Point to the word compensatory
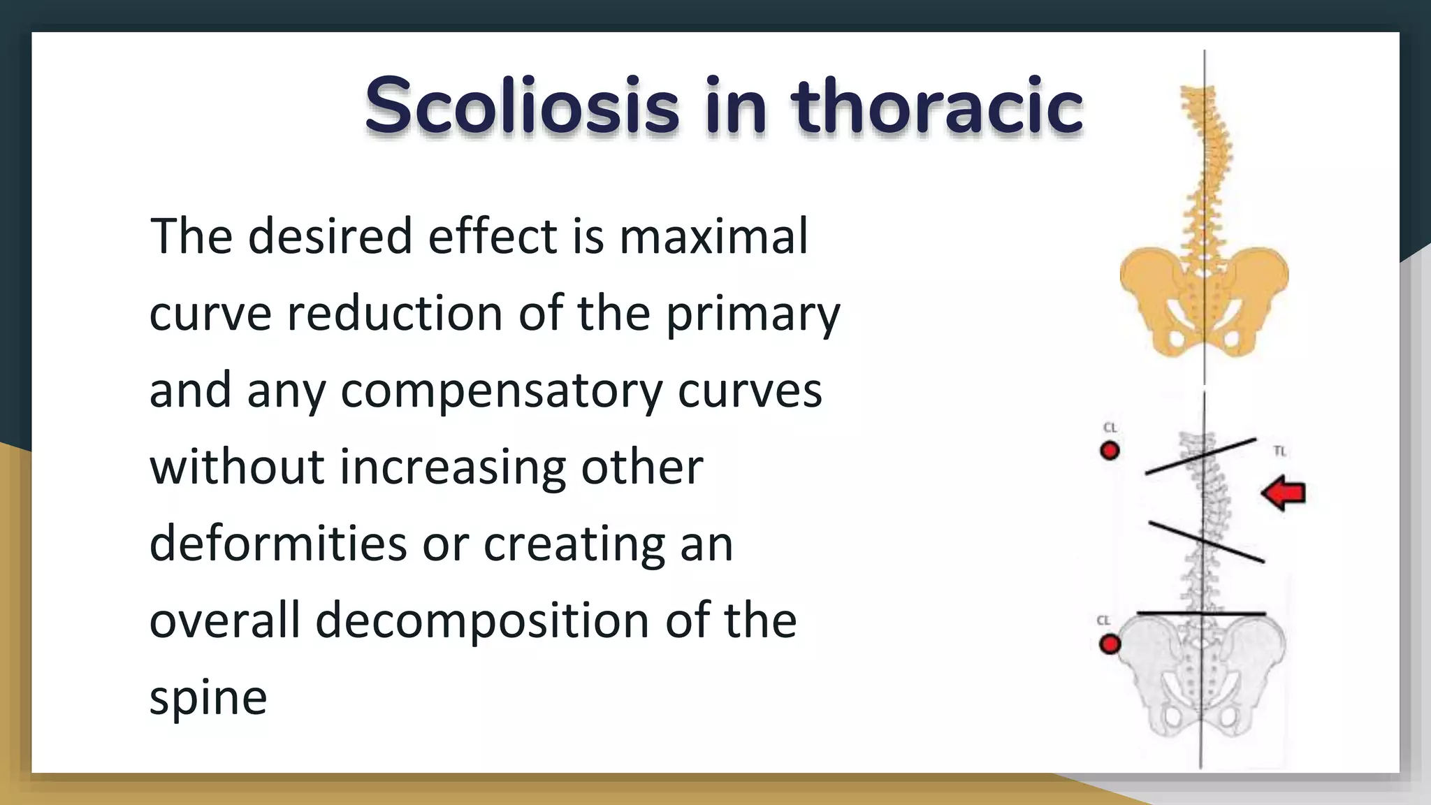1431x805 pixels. [501, 391]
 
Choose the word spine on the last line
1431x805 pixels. [208, 699]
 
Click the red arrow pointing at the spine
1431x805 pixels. [1284, 493]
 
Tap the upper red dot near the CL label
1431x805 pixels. [1110, 451]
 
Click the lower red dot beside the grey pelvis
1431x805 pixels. [1110, 644]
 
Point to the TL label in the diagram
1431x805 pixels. [1279, 451]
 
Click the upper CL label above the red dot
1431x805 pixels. [1110, 428]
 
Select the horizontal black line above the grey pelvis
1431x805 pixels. [1202, 614]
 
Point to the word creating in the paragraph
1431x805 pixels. [575, 544]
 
